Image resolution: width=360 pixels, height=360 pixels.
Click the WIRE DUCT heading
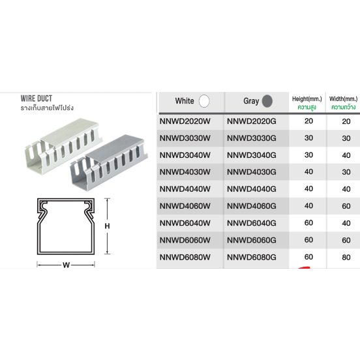click(37, 98)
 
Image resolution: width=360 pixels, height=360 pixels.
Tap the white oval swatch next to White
click(204, 101)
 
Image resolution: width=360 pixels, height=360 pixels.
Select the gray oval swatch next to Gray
click(267, 101)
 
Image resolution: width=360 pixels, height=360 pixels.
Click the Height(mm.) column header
click(307, 99)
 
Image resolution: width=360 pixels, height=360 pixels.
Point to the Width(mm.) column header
click(344, 99)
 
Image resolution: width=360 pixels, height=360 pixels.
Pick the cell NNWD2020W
click(185, 121)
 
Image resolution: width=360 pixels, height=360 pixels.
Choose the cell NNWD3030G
click(252, 138)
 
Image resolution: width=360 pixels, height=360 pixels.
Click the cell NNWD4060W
click(185, 206)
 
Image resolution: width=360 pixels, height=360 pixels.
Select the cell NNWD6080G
click(252, 258)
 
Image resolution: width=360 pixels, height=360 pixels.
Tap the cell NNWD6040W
click(185, 223)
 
